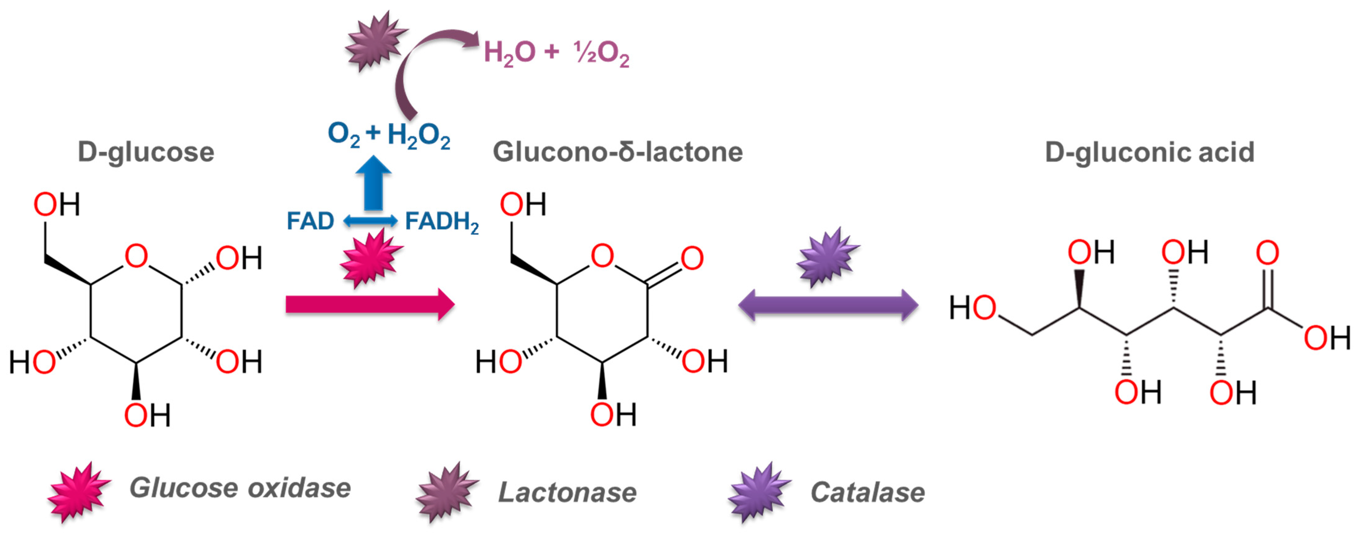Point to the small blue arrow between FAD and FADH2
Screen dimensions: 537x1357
click(370, 221)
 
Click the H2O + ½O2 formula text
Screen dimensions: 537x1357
click(556, 53)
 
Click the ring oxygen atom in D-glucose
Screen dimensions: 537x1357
click(136, 256)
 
